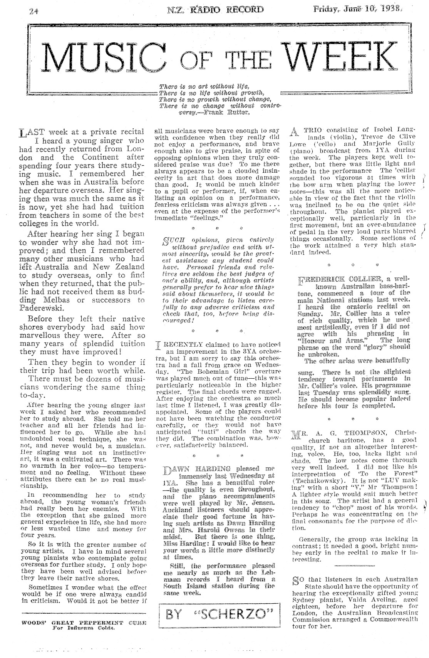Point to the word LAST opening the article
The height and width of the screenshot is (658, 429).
[29, 133]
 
